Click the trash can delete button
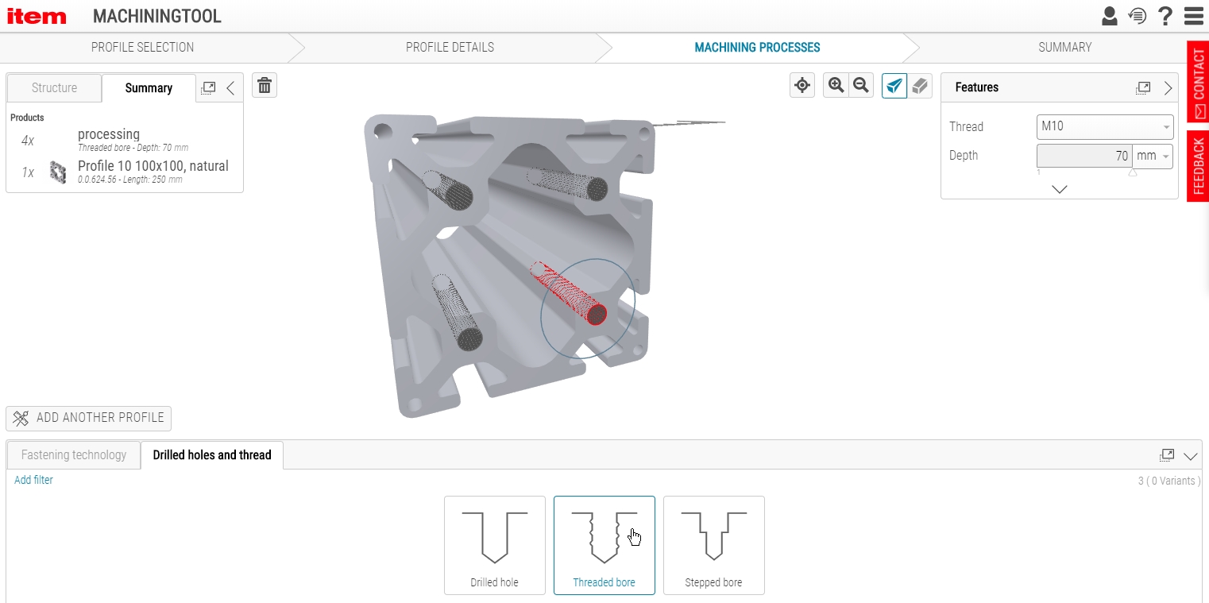[265, 86]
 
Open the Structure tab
[54, 87]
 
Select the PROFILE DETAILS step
[450, 48]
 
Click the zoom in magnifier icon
[836, 85]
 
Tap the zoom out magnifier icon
[861, 85]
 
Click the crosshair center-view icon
[802, 85]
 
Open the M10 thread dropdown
[1104, 126]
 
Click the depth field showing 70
[1083, 156]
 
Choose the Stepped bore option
[713, 545]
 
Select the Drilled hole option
[494, 545]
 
